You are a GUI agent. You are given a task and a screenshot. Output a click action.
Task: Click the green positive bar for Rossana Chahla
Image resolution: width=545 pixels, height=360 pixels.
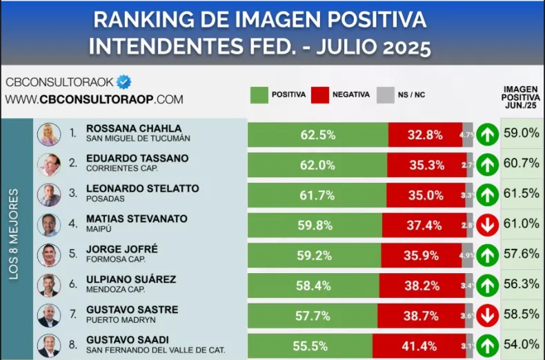[317, 134]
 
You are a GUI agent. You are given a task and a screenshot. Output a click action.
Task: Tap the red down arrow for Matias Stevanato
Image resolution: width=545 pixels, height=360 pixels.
[487, 225]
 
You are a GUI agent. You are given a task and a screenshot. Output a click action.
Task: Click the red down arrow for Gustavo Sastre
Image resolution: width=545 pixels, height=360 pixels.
[487, 314]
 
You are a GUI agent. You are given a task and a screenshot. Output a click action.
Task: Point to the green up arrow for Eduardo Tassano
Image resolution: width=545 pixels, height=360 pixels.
[487, 165]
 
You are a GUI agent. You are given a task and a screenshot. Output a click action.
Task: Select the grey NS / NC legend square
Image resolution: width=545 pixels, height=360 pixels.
[385, 95]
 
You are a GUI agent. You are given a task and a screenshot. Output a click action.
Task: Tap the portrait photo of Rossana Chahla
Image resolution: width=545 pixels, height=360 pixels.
[48, 134]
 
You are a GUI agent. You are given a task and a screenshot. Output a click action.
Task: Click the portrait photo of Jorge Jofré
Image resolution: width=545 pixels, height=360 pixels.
[48, 255]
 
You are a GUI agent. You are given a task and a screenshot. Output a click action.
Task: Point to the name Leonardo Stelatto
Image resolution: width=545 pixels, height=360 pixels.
[142, 188]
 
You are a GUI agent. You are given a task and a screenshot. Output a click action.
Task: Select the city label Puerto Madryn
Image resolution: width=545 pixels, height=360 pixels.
[121, 320]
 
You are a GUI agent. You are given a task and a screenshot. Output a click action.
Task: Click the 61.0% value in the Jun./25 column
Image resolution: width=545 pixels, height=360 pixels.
[522, 223]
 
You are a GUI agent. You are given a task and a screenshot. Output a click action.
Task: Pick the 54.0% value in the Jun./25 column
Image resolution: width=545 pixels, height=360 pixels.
[522, 343]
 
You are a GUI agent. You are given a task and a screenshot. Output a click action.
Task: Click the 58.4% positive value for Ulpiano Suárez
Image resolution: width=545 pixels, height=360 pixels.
[317, 285]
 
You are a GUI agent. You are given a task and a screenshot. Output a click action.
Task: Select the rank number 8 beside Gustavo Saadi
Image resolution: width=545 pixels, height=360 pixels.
[72, 343]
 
